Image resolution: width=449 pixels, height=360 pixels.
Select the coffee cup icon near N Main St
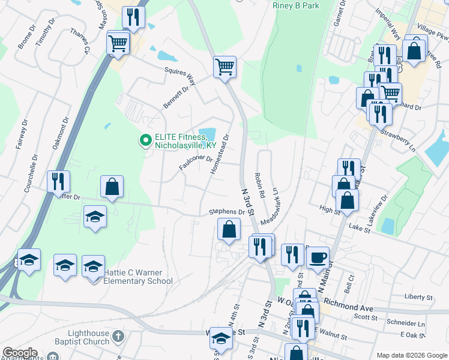318,257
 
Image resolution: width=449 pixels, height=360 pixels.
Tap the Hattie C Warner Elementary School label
138,276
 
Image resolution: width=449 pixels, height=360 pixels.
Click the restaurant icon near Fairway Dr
58,182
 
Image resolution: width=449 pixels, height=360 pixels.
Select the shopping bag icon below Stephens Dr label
229,229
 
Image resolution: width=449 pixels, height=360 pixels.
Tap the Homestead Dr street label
220,154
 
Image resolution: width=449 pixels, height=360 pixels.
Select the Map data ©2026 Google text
411,355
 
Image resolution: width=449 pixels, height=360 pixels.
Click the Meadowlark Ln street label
271,207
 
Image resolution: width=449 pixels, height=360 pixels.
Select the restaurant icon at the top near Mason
133,17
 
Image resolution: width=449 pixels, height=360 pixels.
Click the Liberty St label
418,297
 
